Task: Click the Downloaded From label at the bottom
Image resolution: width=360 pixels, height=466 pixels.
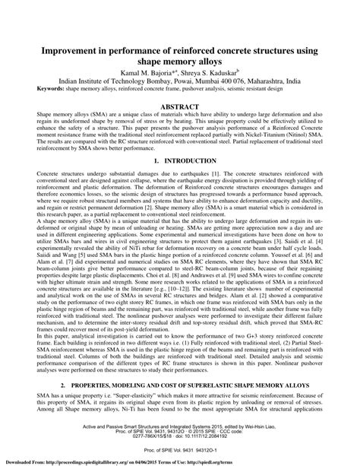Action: pos(21,461)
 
